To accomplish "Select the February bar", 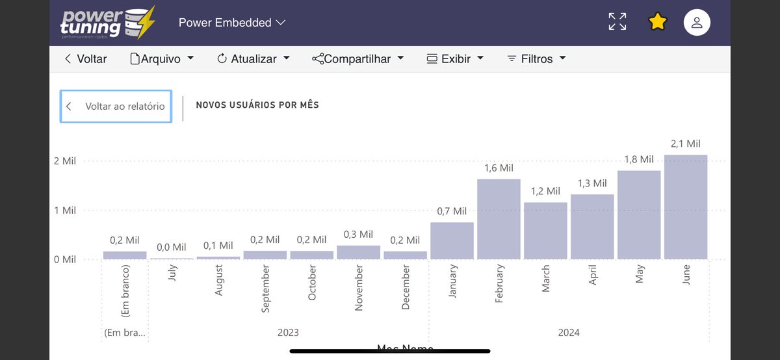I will click(x=499, y=219).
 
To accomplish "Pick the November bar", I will click(x=358, y=252).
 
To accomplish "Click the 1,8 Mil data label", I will click(x=638, y=159).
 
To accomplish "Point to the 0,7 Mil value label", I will click(x=452, y=211).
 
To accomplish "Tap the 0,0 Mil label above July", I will click(x=171, y=247).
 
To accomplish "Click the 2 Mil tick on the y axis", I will click(x=65, y=161).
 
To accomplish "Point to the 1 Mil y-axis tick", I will click(x=65, y=211).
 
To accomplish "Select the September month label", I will click(x=265, y=289).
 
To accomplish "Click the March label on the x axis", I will click(x=545, y=278).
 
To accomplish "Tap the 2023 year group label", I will click(x=288, y=333).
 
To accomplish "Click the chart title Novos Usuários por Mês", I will click(x=257, y=105).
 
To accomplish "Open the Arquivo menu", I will click(x=162, y=58).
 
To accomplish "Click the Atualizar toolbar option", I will click(x=253, y=58).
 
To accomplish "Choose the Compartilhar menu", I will click(x=357, y=58).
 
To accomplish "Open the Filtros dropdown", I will click(x=536, y=58).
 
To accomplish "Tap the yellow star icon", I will click(x=658, y=22).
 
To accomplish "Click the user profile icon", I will click(x=697, y=22).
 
